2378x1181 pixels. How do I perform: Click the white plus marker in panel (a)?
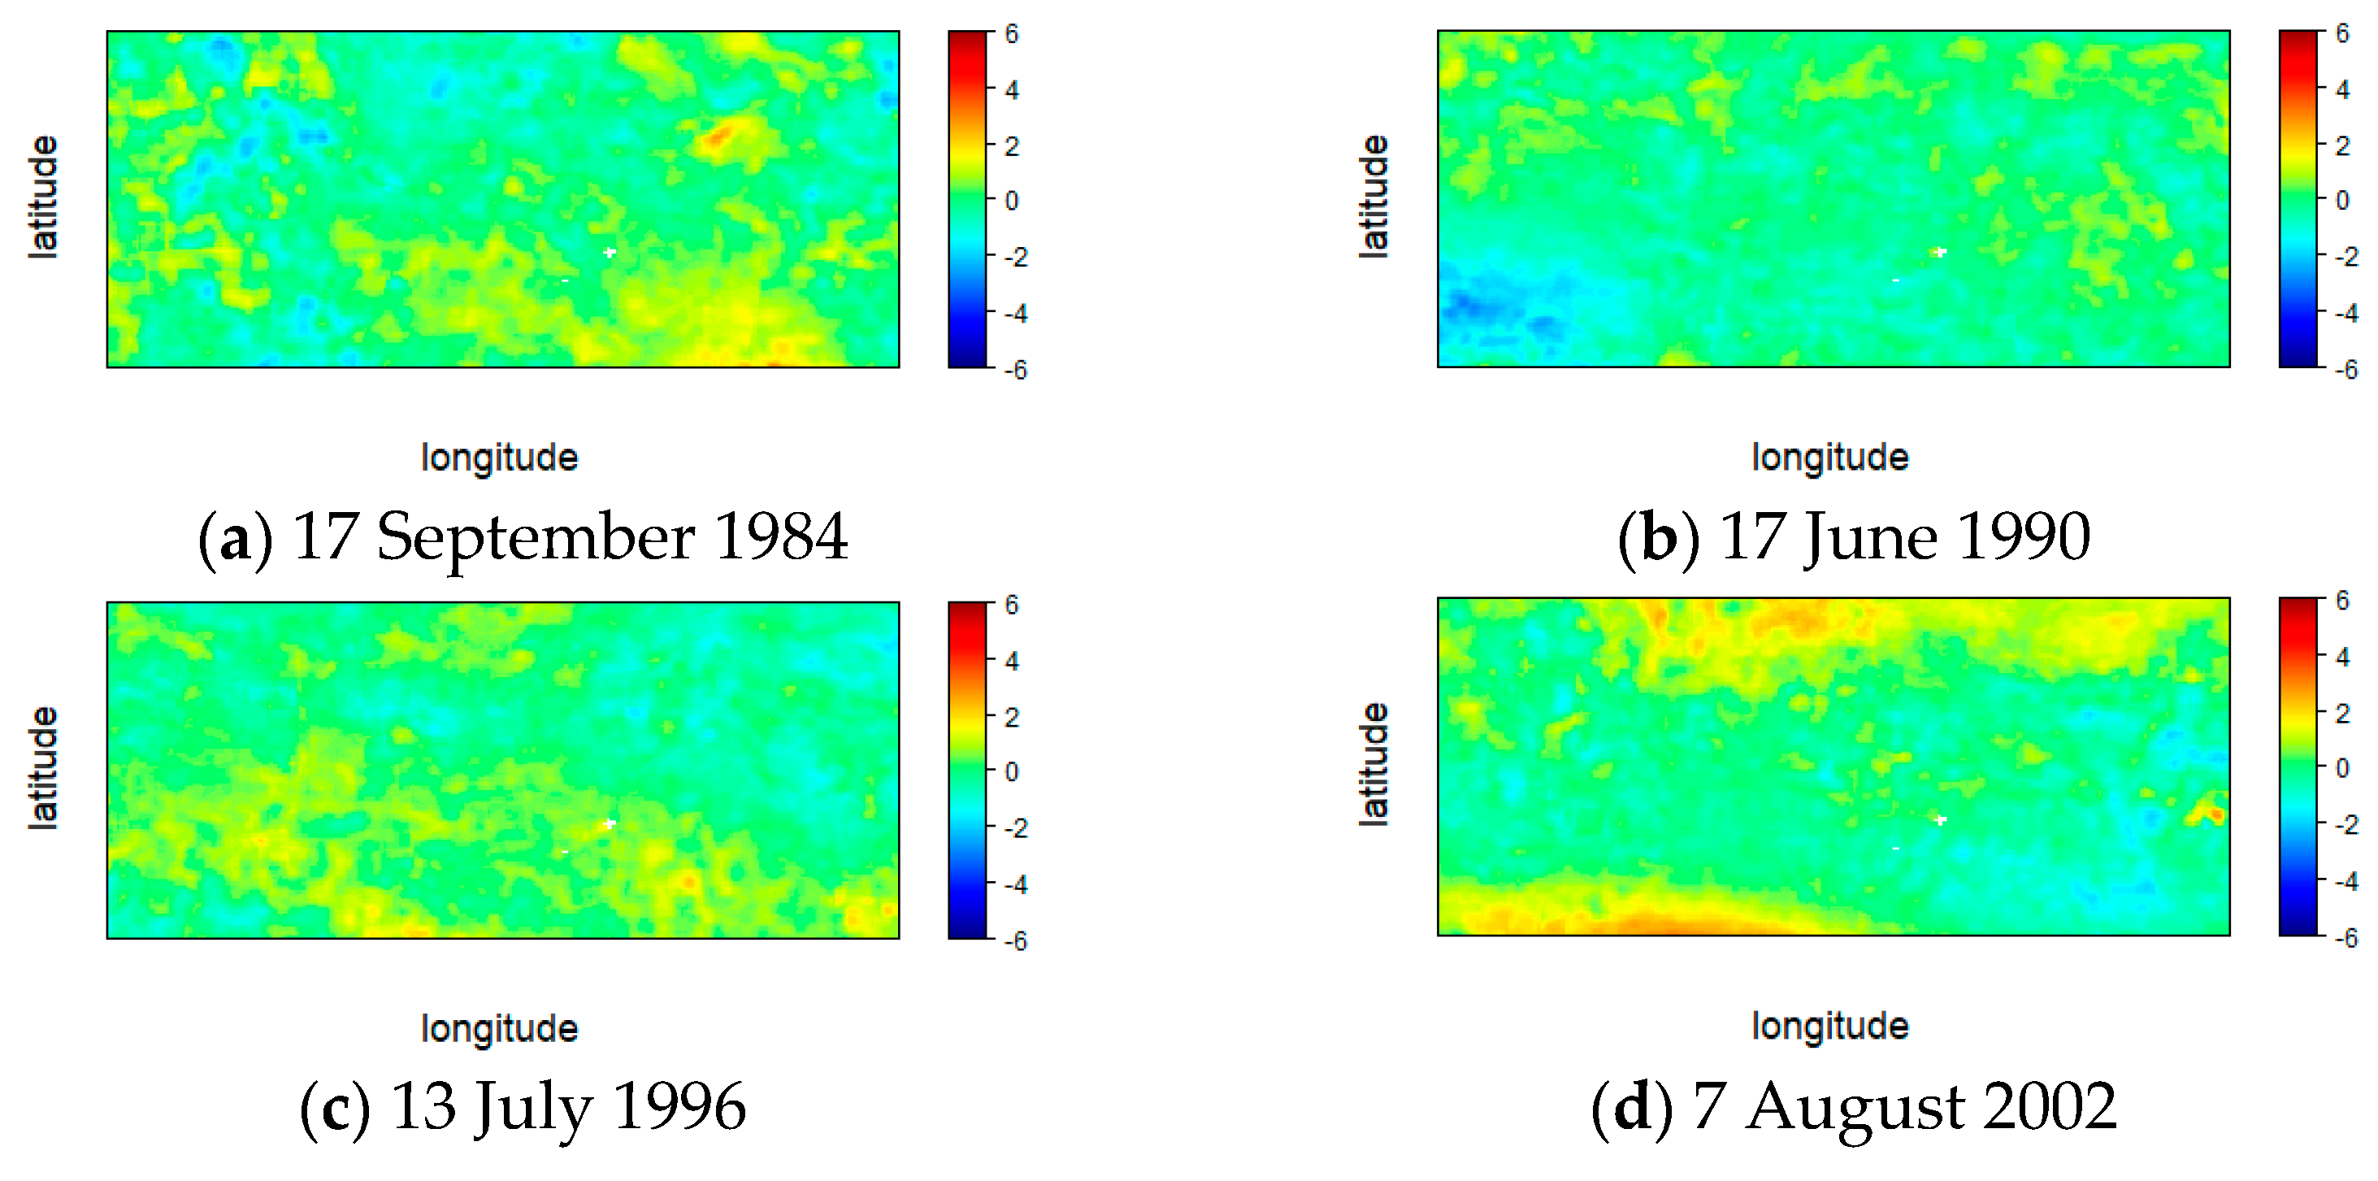(x=610, y=252)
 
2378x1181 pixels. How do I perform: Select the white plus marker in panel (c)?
(x=610, y=823)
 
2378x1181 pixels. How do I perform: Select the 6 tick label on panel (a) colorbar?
(x=1012, y=34)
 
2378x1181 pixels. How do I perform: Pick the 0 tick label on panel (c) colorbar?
(x=1012, y=772)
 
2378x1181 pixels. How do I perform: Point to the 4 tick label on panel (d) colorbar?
(x=2343, y=657)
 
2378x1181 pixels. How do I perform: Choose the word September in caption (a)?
(x=536, y=536)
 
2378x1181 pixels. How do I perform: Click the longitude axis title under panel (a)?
(x=500, y=458)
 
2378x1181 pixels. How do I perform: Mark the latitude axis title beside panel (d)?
(x=1373, y=764)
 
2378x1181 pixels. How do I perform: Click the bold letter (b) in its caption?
(x=1659, y=536)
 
